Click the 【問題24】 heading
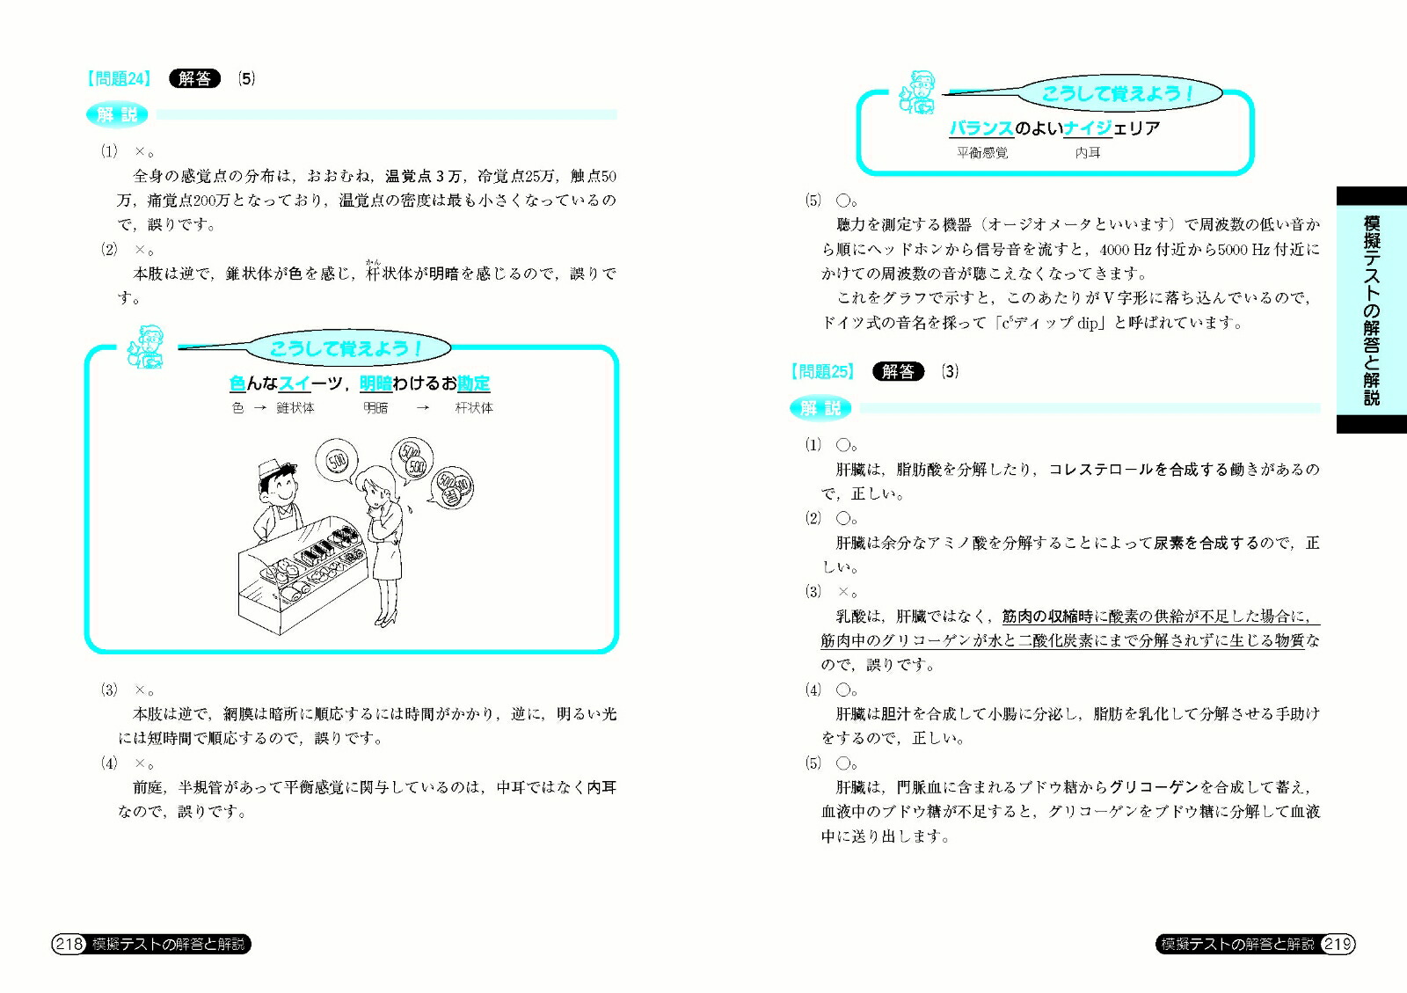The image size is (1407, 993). pyautogui.click(x=119, y=78)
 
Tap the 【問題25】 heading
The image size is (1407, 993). pyautogui.click(x=822, y=371)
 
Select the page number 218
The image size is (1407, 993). pyautogui.click(x=69, y=944)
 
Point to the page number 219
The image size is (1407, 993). pyautogui.click(x=1338, y=944)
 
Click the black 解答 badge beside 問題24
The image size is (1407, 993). pyautogui.click(x=194, y=78)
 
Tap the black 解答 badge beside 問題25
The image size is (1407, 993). pyautogui.click(x=898, y=371)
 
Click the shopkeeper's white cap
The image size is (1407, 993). pyautogui.click(x=273, y=467)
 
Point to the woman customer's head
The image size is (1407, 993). pyautogui.click(x=377, y=485)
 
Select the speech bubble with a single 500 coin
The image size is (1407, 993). pyautogui.click(x=337, y=462)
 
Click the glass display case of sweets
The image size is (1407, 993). pyautogui.click(x=303, y=573)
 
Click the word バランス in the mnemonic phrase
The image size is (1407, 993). pyautogui.click(x=981, y=128)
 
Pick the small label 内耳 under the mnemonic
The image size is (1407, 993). pyautogui.click(x=1087, y=153)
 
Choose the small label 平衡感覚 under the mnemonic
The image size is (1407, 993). pyautogui.click(x=982, y=153)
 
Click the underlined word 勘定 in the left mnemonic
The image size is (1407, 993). pyautogui.click(x=474, y=383)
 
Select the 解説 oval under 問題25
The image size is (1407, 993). pyautogui.click(x=820, y=408)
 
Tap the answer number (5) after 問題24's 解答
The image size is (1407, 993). pyautogui.click(x=246, y=78)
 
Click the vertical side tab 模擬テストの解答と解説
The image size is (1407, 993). pyautogui.click(x=1372, y=310)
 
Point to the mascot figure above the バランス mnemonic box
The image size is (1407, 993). pyautogui.click(x=918, y=92)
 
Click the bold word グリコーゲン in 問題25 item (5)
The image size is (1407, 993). pyautogui.click(x=1154, y=787)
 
